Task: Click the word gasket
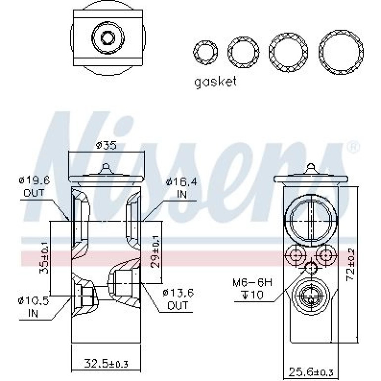(x=215, y=82)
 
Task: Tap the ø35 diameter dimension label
(x=106, y=145)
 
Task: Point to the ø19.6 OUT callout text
(x=34, y=187)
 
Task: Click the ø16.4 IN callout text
(x=182, y=188)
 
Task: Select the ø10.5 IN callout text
(x=34, y=307)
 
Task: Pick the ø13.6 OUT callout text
(x=178, y=299)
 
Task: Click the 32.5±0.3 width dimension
(x=106, y=364)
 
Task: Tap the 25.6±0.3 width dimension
(x=311, y=372)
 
